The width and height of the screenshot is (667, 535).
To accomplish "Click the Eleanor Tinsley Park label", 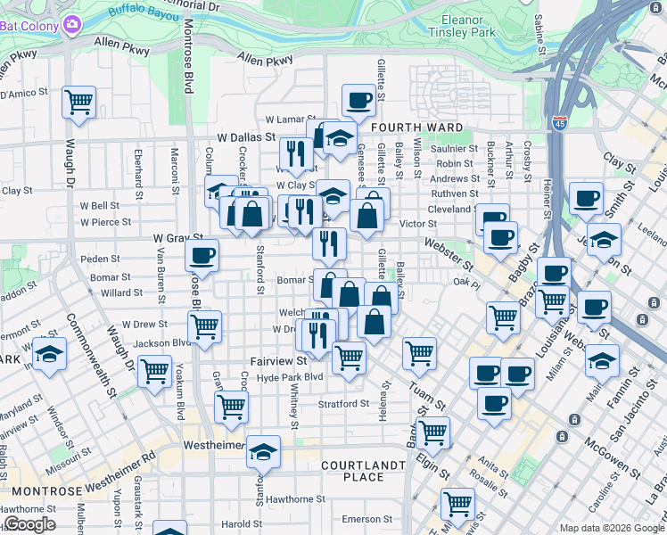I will [479, 26].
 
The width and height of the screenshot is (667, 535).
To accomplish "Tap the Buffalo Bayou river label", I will [142, 12].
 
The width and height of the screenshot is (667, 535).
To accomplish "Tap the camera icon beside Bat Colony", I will [70, 25].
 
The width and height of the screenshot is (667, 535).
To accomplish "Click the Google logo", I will [29, 524].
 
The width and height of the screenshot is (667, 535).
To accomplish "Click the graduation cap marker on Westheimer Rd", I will [263, 452].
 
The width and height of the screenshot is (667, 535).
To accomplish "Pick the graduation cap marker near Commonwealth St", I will [49, 354].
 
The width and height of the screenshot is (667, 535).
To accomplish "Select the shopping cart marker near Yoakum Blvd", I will [155, 369].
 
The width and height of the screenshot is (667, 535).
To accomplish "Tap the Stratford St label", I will [344, 403].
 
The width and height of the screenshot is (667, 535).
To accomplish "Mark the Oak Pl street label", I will [466, 283].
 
